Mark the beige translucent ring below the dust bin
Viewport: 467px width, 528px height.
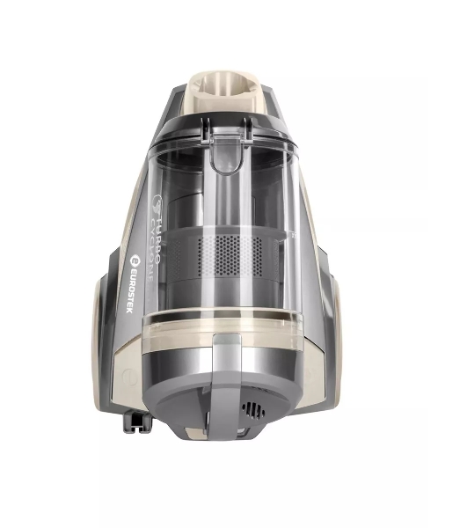230,325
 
